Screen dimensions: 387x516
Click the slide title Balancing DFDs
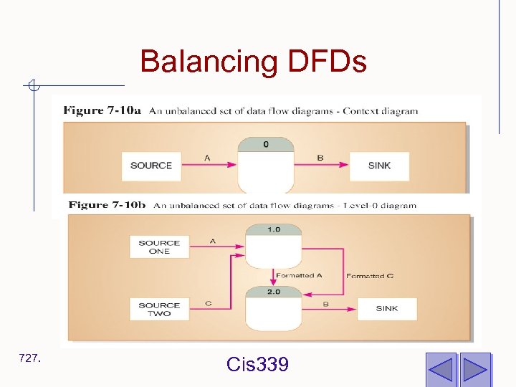coord(253,62)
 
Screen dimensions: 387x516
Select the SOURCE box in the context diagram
coord(151,166)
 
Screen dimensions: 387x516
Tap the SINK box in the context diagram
coord(379,166)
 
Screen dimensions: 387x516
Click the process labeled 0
coord(266,165)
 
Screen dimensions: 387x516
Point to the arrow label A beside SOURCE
coord(208,158)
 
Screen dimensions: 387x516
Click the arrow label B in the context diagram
coord(320,158)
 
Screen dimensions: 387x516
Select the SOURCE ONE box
coord(159,247)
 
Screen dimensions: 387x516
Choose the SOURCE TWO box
coord(159,309)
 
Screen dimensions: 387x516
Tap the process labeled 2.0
coord(273,308)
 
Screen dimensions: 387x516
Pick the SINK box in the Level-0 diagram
coord(387,309)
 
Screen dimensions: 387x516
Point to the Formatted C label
coord(370,276)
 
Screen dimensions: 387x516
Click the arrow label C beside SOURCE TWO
coord(208,303)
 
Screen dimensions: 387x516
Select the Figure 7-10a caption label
coord(102,110)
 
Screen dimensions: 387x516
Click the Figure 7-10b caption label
coord(107,205)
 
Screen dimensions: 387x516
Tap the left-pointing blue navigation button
coord(441,369)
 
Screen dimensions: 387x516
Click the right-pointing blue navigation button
coord(474,369)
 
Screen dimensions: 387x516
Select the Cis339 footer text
coord(257,365)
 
